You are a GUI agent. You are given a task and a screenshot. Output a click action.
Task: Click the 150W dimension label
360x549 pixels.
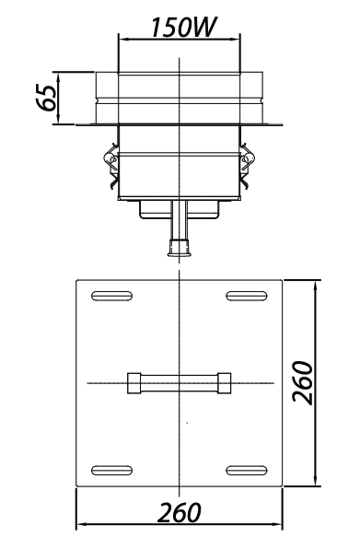(x=182, y=28)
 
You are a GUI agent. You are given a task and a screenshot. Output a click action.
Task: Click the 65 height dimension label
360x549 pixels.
(x=46, y=98)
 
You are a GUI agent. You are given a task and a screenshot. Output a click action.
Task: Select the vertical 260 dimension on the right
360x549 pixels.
(x=302, y=382)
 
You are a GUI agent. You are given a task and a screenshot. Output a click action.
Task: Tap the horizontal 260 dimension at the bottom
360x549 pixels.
(x=180, y=512)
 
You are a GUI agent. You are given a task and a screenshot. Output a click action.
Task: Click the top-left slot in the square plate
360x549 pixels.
(x=112, y=296)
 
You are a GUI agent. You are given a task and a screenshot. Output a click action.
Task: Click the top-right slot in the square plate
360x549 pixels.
(x=247, y=296)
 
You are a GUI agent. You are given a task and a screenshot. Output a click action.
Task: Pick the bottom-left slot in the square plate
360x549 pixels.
(x=112, y=470)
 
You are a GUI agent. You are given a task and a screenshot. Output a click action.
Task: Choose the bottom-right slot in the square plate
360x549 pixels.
(x=247, y=470)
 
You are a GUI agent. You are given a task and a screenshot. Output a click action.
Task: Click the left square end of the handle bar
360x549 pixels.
(x=134, y=383)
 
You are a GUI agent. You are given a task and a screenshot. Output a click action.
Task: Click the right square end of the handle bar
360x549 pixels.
(x=225, y=383)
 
